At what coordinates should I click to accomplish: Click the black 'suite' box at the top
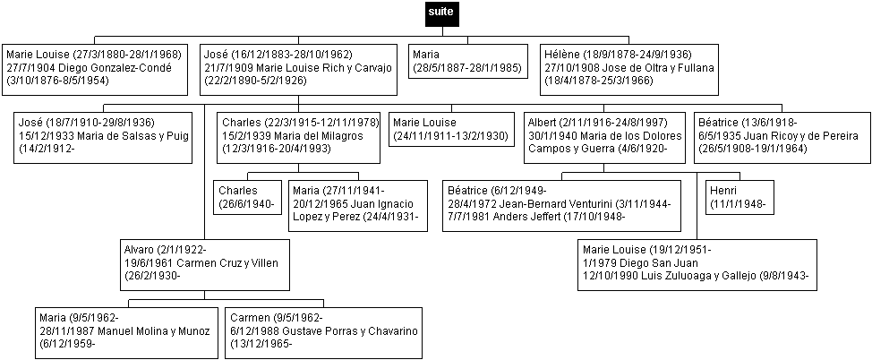tap(442, 13)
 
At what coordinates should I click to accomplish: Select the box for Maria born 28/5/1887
tap(467, 61)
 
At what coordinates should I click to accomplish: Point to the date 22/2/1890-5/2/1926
tap(260, 81)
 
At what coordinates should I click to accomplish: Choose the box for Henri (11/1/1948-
tap(739, 197)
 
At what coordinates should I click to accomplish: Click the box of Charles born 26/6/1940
tap(247, 197)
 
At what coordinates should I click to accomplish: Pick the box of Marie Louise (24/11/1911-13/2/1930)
tap(451, 129)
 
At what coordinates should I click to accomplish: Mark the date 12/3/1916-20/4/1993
tap(277, 150)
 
